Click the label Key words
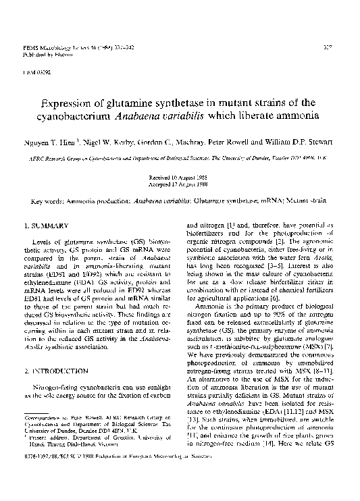[x=48, y=201]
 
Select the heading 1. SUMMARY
[x=43, y=224]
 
